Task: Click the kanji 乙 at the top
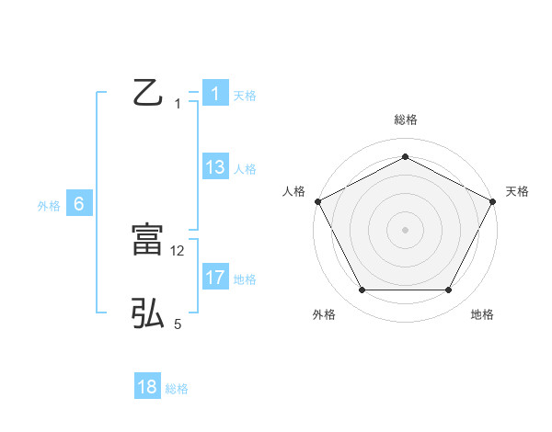pos(147,92)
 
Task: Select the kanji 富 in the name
pos(147,240)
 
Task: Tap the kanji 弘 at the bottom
pos(147,313)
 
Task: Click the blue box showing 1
pos(214,94)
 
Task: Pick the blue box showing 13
pos(214,167)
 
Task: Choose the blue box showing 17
pos(214,277)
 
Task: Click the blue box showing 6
pos(78,204)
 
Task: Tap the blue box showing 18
pos(147,387)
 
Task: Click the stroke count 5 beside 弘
pos(178,324)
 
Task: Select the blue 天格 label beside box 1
pos(245,96)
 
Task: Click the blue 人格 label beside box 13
pos(245,169)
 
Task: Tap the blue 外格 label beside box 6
pos(49,206)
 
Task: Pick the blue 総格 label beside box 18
pos(177,389)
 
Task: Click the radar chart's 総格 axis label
pos(405,119)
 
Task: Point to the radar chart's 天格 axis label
pos(517,191)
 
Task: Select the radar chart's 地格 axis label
pos(481,314)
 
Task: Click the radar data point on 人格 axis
pos(317,200)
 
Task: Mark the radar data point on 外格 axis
pos(362,290)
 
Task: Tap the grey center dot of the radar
pos(405,229)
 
